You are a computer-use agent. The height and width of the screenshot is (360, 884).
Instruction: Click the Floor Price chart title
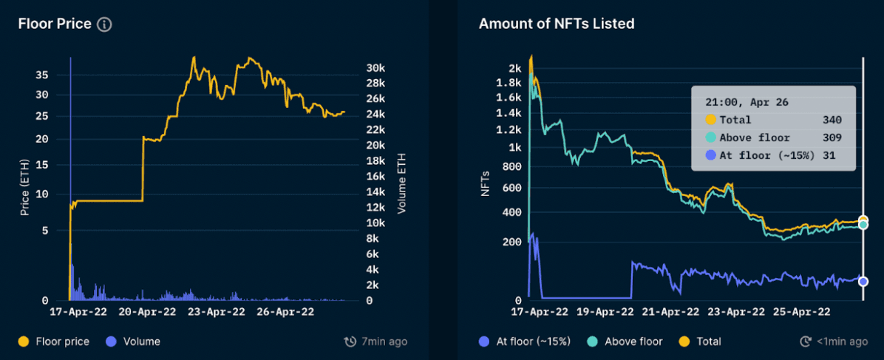point(55,24)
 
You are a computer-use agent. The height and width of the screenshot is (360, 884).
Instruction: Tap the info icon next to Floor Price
point(105,24)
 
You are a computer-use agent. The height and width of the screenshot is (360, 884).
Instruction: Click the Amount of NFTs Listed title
point(556,24)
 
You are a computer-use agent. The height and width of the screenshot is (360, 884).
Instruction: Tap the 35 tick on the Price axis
point(42,75)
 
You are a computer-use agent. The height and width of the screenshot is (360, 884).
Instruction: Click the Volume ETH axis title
point(402,183)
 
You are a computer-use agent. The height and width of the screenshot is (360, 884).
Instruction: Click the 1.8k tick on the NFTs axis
point(509,83)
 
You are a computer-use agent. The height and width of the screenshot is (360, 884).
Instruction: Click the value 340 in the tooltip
point(832,120)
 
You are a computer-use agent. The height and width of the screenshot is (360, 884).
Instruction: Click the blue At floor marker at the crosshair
point(863,280)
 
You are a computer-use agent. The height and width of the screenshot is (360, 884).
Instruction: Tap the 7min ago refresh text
point(375,342)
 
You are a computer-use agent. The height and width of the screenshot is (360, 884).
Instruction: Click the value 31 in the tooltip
point(836,155)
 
